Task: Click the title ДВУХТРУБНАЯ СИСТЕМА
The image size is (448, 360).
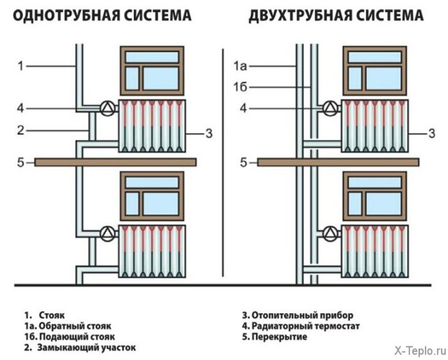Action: (x=336, y=15)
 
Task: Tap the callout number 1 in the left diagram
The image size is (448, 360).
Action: (x=21, y=67)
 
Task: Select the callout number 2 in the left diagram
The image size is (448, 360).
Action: (x=21, y=130)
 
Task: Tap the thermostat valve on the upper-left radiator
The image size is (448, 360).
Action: (x=107, y=109)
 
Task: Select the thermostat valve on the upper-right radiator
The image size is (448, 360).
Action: (x=328, y=109)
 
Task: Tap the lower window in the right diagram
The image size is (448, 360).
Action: (x=375, y=194)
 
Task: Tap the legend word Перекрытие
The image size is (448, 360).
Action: (x=281, y=337)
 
